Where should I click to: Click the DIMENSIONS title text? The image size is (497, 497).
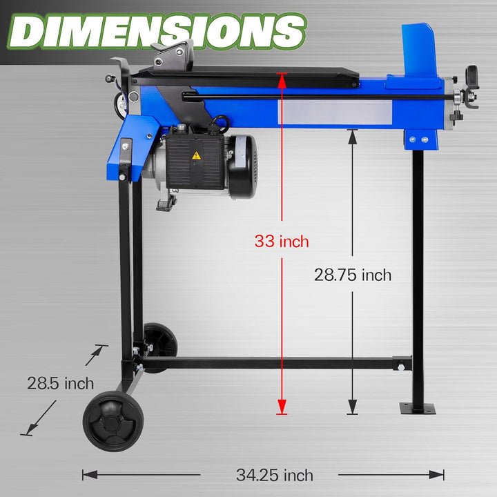[157, 31]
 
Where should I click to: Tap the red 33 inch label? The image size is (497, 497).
[282, 242]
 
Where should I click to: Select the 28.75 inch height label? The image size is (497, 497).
[353, 275]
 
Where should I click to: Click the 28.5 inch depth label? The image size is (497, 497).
[61, 383]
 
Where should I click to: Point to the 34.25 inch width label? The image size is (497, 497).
[275, 475]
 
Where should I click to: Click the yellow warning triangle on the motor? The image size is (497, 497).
[197, 155]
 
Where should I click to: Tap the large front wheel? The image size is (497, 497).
[113, 421]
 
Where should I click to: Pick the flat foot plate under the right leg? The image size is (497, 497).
[418, 408]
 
